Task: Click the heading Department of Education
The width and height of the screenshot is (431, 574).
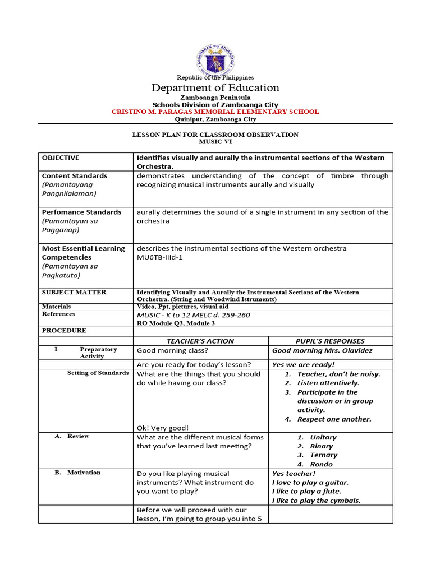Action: [215, 88]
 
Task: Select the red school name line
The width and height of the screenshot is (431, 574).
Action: [215, 112]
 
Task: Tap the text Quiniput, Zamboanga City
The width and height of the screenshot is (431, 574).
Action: [215, 119]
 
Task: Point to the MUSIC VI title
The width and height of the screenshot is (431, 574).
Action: [215, 142]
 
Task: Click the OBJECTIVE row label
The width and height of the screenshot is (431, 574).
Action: [61, 158]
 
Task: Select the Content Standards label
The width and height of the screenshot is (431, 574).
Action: [75, 176]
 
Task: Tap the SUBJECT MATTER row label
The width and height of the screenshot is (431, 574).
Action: [74, 293]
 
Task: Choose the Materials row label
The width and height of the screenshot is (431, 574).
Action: [57, 307]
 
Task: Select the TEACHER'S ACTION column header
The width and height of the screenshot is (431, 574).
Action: [200, 341]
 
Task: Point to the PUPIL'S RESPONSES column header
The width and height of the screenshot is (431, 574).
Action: [330, 341]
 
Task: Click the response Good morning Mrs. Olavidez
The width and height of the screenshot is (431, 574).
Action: [322, 351]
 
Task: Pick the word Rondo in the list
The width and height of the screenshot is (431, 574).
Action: [321, 464]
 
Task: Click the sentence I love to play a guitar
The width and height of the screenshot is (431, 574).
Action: [310, 483]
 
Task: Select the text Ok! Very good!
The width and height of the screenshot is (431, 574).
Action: [163, 427]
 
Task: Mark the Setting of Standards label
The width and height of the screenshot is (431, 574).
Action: [98, 373]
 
